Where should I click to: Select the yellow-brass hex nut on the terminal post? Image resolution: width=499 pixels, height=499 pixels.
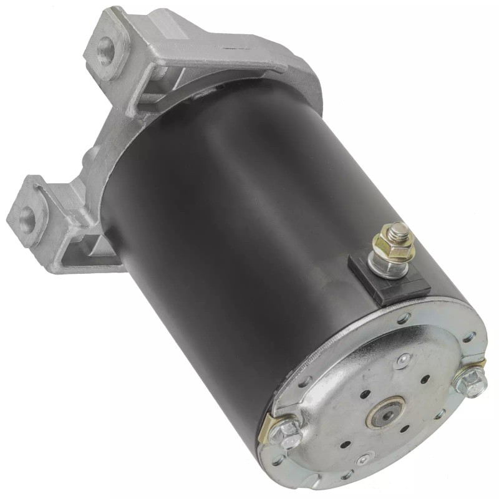(x=393, y=246)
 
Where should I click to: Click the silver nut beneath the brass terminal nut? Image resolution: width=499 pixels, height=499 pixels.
(x=384, y=264)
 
